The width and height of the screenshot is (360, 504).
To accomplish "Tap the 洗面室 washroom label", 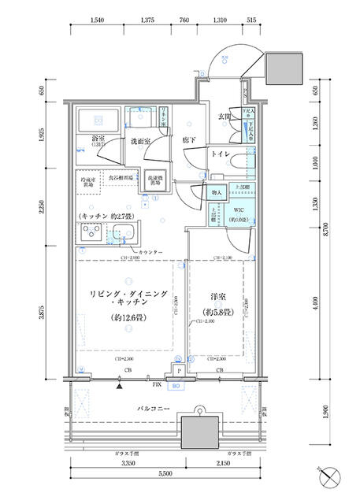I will tap(141, 142).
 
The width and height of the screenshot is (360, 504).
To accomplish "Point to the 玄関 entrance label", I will tap(224, 117).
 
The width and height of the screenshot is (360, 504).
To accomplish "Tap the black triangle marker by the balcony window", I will tap(120, 386).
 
